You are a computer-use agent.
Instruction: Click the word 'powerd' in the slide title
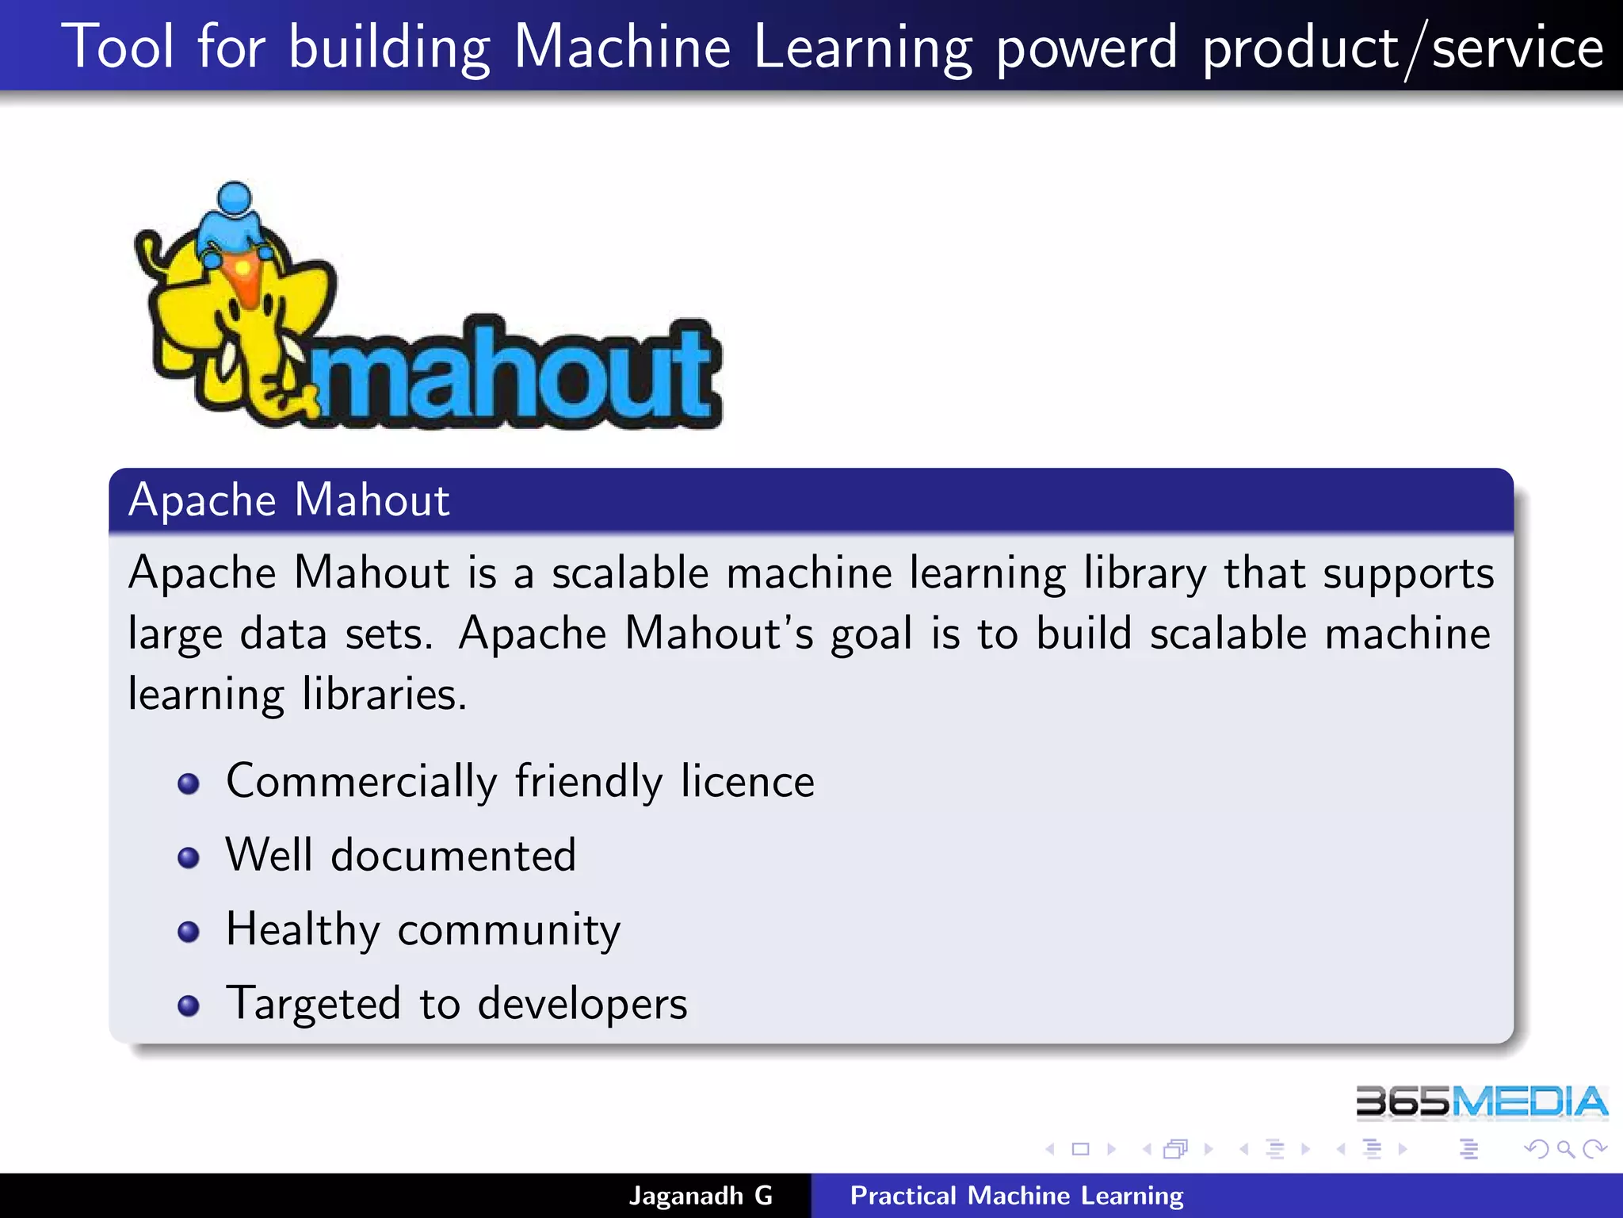(x=1086, y=49)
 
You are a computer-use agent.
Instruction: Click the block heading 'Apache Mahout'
(x=289, y=500)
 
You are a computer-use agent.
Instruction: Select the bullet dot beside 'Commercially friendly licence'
(x=189, y=784)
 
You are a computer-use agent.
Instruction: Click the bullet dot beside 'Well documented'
(x=189, y=857)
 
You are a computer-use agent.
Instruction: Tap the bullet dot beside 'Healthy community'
(x=189, y=931)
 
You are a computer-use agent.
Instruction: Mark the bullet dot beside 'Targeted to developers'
(x=189, y=1005)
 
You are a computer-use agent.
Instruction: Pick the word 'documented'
(x=453, y=856)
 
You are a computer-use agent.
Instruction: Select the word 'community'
(x=509, y=930)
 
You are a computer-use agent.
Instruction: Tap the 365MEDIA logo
(x=1480, y=1102)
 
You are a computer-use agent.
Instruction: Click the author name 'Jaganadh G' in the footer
(x=701, y=1196)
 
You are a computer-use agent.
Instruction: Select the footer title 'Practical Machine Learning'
(x=1017, y=1196)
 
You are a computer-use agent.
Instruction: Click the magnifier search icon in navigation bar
(x=1565, y=1149)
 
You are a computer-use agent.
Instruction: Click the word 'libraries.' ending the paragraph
(x=384, y=695)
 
